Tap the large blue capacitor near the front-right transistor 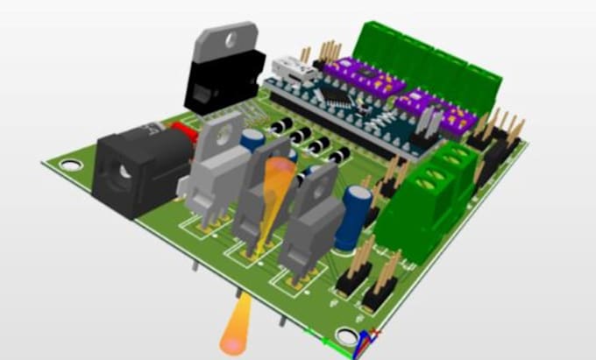click(x=357, y=214)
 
